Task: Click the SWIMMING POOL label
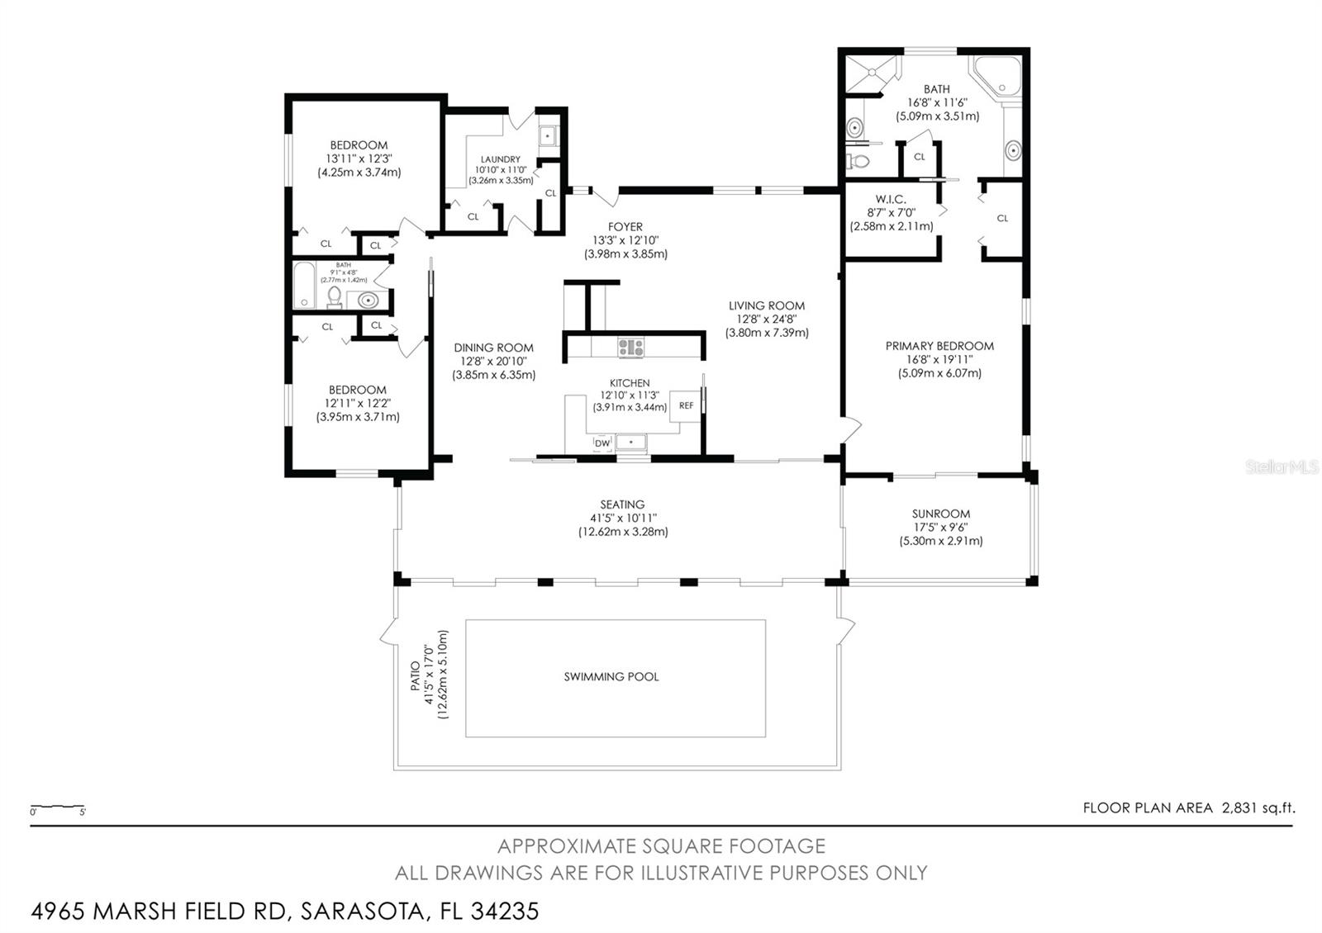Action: click(x=611, y=676)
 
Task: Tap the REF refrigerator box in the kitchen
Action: click(x=685, y=405)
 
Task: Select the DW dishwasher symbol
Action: click(x=602, y=443)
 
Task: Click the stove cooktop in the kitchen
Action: click(x=631, y=348)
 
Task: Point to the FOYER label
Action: click(x=625, y=226)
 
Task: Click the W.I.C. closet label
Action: click(x=891, y=199)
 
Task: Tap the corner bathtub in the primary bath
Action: click(x=996, y=75)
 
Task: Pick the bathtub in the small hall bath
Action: click(x=304, y=286)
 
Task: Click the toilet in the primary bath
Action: click(x=858, y=160)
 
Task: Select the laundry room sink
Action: click(x=548, y=136)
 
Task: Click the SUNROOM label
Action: click(x=941, y=514)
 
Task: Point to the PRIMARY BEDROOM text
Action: click(x=939, y=346)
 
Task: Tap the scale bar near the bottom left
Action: click(x=58, y=807)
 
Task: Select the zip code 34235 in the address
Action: click(x=505, y=912)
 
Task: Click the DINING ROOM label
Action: click(x=493, y=348)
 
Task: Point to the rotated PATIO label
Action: click(x=416, y=676)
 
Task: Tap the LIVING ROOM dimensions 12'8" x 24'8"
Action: click(x=767, y=319)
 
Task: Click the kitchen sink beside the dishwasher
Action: click(x=631, y=443)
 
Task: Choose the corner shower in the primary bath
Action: click(x=871, y=73)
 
